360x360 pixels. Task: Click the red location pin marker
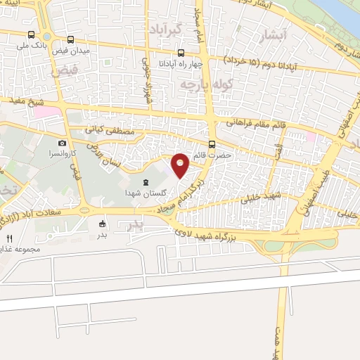tap(181, 165)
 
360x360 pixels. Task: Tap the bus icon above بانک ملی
tap(32, 34)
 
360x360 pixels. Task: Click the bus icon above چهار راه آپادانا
tap(181, 53)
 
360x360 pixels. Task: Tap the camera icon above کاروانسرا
tap(62, 143)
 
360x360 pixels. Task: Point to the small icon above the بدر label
tap(103, 224)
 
